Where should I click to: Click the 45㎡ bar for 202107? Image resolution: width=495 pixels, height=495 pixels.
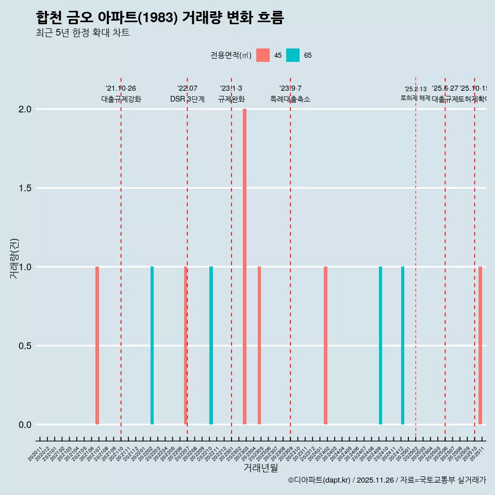(x=97, y=345)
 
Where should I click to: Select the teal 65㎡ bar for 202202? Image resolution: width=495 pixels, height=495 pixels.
(x=152, y=345)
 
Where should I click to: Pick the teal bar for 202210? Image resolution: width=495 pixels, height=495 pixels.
(x=211, y=345)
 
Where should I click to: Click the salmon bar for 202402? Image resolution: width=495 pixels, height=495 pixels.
(x=325, y=345)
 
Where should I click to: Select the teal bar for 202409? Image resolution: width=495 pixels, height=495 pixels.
(x=381, y=345)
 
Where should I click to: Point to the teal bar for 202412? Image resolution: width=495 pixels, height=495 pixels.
(x=403, y=345)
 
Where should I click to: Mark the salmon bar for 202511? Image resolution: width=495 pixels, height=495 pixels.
(x=480, y=345)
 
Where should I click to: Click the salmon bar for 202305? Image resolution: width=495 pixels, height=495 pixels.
(x=259, y=345)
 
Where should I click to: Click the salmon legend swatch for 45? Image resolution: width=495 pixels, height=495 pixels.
(x=263, y=55)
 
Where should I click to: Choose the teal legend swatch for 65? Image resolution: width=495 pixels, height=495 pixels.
(x=293, y=55)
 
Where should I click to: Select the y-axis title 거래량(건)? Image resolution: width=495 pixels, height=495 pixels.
(x=14, y=258)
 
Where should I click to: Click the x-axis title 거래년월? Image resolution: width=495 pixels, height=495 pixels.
(x=260, y=468)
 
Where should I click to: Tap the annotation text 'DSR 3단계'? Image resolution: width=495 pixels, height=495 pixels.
(x=187, y=99)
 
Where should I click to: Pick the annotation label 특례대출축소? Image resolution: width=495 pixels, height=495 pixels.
(x=290, y=99)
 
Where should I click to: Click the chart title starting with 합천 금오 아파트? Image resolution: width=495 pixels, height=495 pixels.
(x=160, y=18)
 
